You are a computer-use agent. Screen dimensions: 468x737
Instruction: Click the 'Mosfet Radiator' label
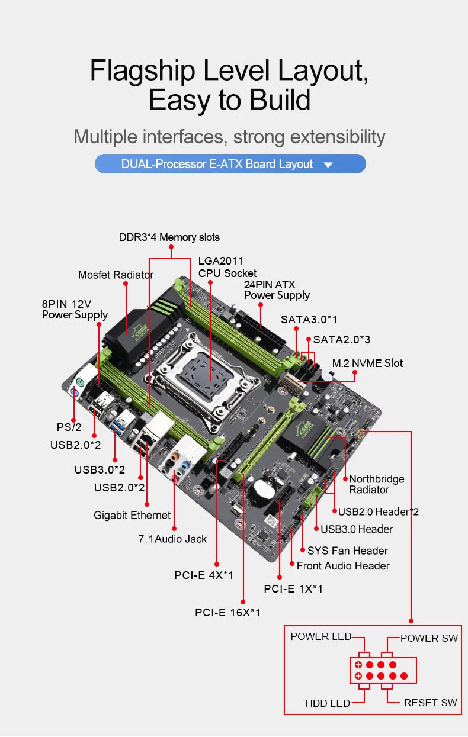click(116, 275)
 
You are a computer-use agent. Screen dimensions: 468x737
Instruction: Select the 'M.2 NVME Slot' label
click(367, 363)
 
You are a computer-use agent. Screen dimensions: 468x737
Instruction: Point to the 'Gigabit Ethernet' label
click(132, 515)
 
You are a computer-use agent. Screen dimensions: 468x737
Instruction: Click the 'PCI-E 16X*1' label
click(227, 612)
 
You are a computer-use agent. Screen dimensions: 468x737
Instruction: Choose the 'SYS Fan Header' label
click(347, 551)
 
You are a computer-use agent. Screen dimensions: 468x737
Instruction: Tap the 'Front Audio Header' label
click(343, 566)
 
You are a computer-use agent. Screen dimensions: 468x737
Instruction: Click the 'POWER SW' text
click(429, 638)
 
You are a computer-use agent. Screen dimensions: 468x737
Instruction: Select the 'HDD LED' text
click(328, 703)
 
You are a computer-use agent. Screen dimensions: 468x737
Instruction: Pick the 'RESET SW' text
click(430, 703)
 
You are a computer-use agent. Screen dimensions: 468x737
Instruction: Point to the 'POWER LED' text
click(320, 636)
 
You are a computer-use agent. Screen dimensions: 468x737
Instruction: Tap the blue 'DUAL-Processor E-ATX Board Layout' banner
click(230, 164)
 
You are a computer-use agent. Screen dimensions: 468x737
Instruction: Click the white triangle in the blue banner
click(328, 165)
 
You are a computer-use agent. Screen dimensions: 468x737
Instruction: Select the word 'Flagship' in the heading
click(142, 70)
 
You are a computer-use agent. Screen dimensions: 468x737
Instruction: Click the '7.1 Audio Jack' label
click(172, 539)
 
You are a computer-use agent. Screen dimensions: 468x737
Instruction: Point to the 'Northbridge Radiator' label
click(377, 484)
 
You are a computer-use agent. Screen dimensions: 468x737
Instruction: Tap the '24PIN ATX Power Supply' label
click(277, 289)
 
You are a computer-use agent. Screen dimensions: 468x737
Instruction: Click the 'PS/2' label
click(69, 427)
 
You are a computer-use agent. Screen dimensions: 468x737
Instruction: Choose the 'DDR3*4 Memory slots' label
click(169, 237)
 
